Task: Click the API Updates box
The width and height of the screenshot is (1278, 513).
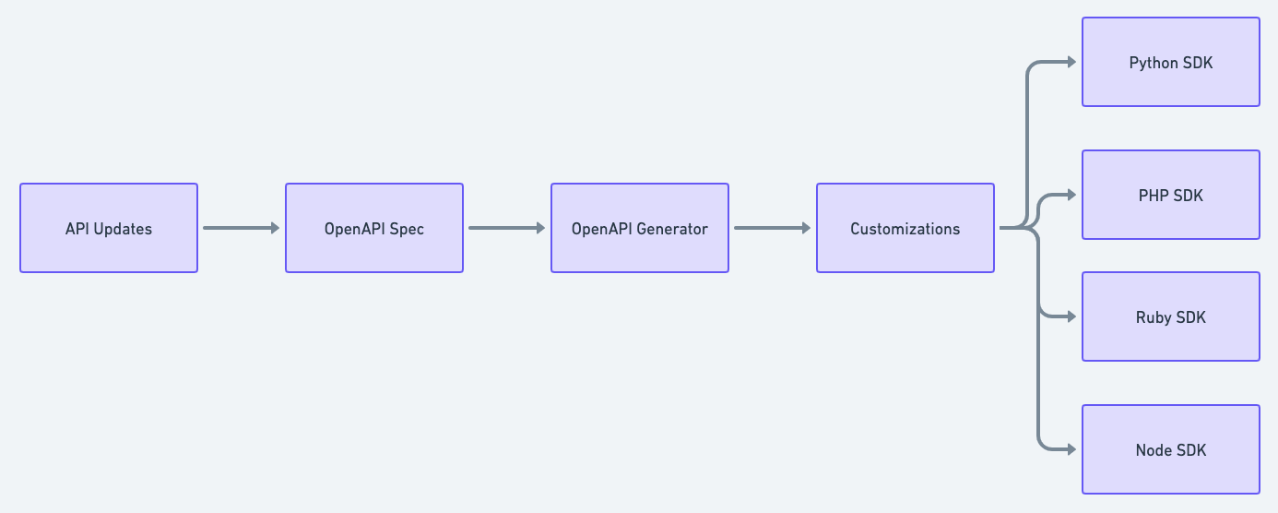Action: pos(109,228)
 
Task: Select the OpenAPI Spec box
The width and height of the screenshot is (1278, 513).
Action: pos(374,228)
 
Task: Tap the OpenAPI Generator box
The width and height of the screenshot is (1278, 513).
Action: pos(640,228)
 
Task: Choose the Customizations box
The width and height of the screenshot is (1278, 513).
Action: pos(905,228)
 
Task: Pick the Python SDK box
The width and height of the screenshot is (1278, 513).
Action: pos(1171,62)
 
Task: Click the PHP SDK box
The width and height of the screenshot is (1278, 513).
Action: pos(1171,195)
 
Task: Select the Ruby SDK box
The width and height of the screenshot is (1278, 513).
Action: pos(1171,316)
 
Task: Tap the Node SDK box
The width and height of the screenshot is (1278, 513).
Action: pos(1171,449)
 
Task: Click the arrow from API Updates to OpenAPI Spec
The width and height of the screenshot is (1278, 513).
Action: pos(240,228)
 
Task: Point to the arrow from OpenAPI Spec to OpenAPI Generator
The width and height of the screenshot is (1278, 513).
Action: pos(505,228)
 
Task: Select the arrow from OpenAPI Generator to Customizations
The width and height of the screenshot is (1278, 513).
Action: pos(771,228)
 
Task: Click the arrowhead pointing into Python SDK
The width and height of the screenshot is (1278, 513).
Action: pos(1071,62)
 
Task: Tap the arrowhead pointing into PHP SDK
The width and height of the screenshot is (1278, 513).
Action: pos(1071,195)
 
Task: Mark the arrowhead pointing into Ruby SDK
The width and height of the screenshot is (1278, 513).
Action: pos(1071,316)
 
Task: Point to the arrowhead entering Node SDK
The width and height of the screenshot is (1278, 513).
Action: pos(1071,449)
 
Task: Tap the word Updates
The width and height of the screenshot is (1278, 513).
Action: pos(122,229)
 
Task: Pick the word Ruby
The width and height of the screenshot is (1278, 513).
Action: pos(1154,317)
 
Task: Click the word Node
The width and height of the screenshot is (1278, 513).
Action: pos(1154,450)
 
